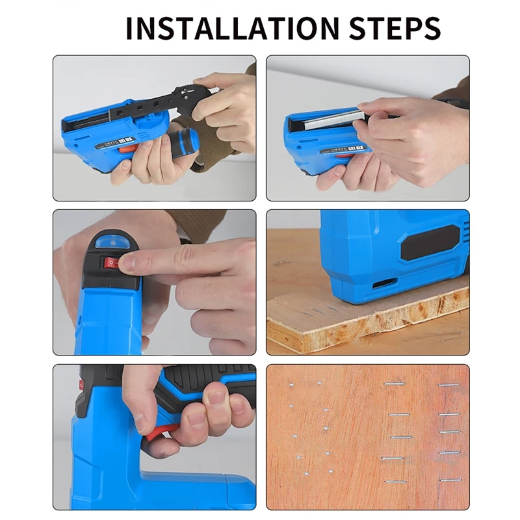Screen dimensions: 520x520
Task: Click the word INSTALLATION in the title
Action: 231,28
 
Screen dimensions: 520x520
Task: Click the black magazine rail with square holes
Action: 149,107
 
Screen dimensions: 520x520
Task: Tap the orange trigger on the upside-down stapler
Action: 129,149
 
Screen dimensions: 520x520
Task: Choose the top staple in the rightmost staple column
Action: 448,385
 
